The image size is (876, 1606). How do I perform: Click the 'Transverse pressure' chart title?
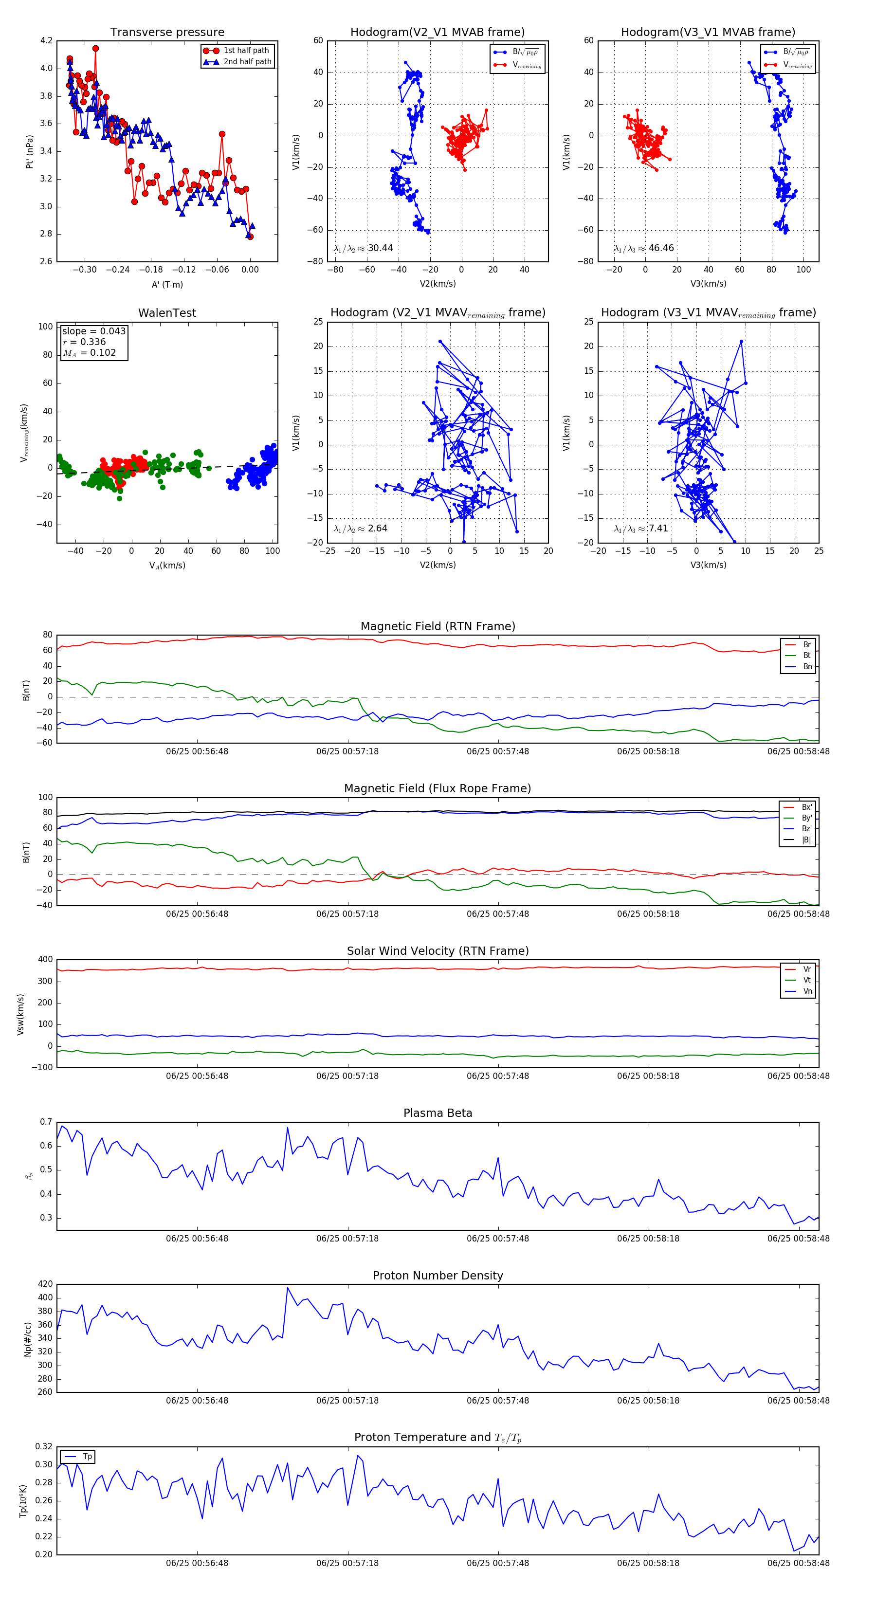coord(167,33)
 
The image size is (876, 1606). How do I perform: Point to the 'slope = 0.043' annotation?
coord(93,331)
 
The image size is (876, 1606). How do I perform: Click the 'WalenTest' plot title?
coord(167,313)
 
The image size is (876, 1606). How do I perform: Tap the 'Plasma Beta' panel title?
coord(438,1113)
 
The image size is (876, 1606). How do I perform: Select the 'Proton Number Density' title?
coord(438,1276)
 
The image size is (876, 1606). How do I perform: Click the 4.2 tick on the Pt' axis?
coord(46,40)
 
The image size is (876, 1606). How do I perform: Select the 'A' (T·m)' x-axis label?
coord(167,284)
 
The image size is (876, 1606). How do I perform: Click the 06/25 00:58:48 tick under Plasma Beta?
coord(798,1238)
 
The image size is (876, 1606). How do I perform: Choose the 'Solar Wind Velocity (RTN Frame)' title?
coord(438,951)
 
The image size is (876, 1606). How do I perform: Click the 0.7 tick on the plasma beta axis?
coord(46,1122)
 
